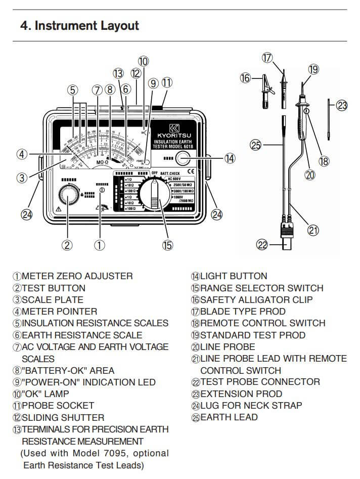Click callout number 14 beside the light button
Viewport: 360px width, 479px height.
click(231, 158)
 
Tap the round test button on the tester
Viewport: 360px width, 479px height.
click(67, 195)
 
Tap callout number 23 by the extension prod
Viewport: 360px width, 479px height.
click(342, 105)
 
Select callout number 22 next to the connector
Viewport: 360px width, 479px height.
click(261, 245)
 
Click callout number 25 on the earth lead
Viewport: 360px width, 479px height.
click(256, 145)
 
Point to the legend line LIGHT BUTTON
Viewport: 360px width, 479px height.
click(229, 276)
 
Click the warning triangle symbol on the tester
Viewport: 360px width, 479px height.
click(60, 208)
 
